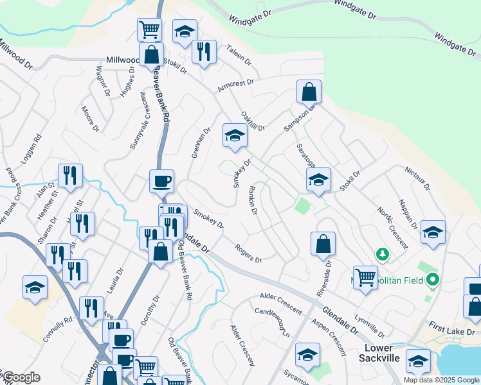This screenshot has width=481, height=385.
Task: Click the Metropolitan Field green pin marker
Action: tap(433, 280)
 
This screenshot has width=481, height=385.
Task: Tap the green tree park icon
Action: tap(383, 255)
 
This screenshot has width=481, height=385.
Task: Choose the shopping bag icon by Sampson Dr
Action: tap(309, 92)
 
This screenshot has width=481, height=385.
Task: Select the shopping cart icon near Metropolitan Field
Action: tap(365, 278)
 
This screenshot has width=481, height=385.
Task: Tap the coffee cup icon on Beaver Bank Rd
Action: tap(161, 181)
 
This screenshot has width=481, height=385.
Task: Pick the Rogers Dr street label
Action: tap(248, 254)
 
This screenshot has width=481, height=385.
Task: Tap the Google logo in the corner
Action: tap(22, 377)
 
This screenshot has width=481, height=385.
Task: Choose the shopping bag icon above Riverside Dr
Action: tap(323, 244)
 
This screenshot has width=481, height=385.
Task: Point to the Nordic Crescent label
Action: tap(392, 228)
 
